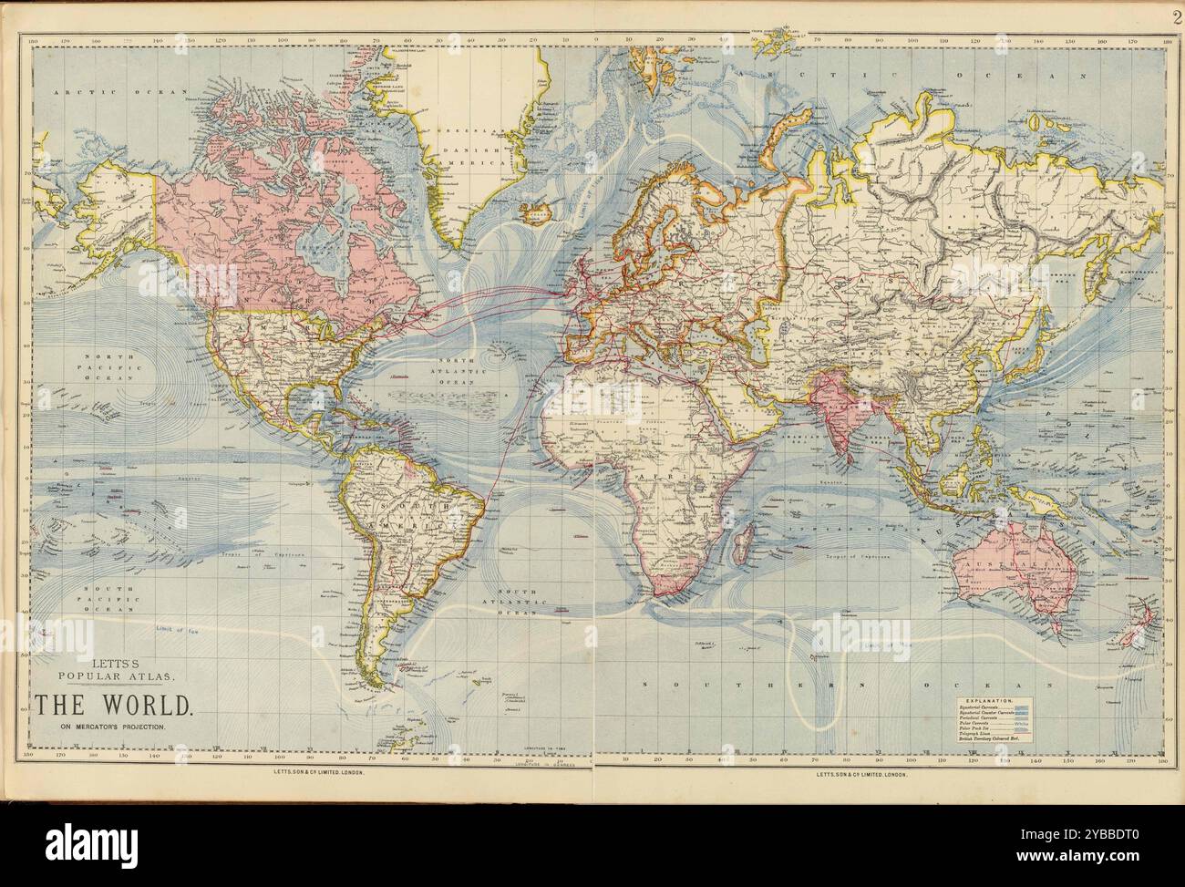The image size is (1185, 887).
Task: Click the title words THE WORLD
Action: click(114, 705)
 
